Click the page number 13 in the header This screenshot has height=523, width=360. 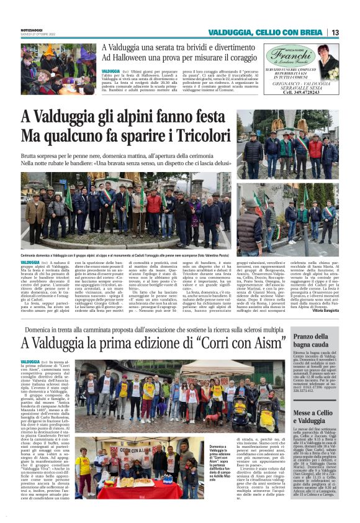coord(335,32)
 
